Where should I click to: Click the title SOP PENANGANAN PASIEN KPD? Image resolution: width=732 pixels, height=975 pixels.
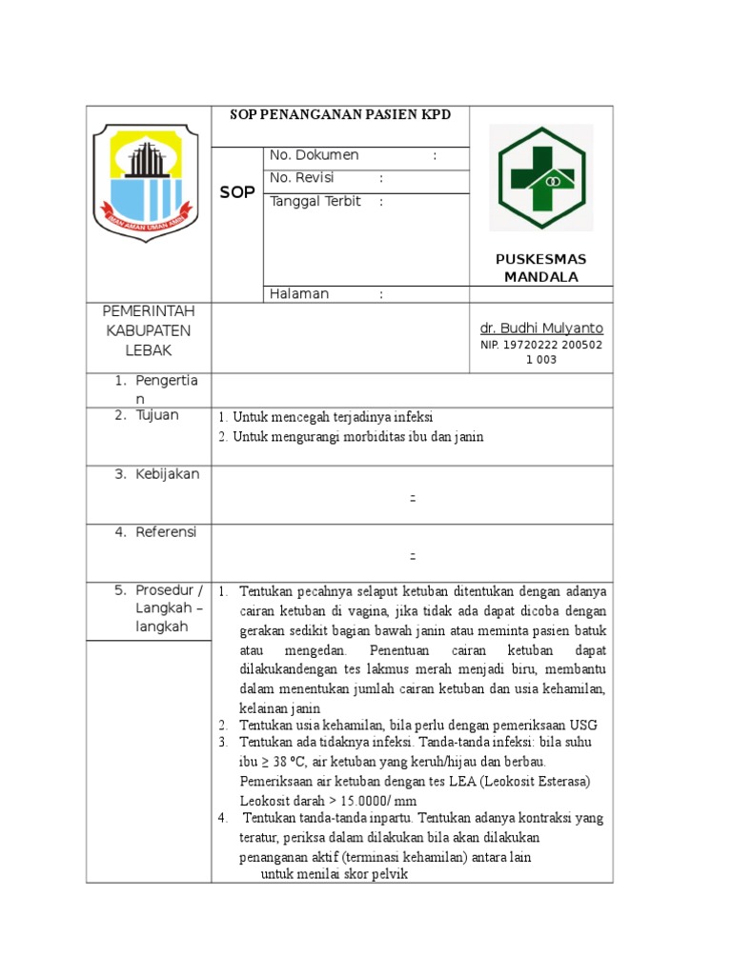click(340, 115)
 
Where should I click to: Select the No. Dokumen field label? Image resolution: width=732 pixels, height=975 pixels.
click(315, 155)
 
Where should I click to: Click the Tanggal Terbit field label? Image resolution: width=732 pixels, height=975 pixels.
click(315, 202)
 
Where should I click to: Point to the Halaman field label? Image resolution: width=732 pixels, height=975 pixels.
click(299, 294)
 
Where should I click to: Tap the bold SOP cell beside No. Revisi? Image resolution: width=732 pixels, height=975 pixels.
click(237, 192)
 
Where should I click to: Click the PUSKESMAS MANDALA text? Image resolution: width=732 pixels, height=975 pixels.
click(540, 269)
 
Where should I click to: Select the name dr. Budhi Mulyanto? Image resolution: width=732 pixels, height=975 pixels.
click(540, 328)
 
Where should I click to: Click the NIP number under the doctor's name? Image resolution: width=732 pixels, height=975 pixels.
click(540, 352)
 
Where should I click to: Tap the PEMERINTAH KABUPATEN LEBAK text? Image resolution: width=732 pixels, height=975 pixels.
click(148, 331)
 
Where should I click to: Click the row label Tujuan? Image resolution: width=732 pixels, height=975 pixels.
click(157, 415)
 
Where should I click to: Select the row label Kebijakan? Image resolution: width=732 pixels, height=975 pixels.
click(168, 474)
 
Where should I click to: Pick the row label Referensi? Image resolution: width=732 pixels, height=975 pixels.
click(166, 532)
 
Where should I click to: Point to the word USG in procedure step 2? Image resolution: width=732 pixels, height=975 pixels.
click(598, 726)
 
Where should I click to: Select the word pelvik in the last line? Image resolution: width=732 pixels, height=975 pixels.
click(386, 875)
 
